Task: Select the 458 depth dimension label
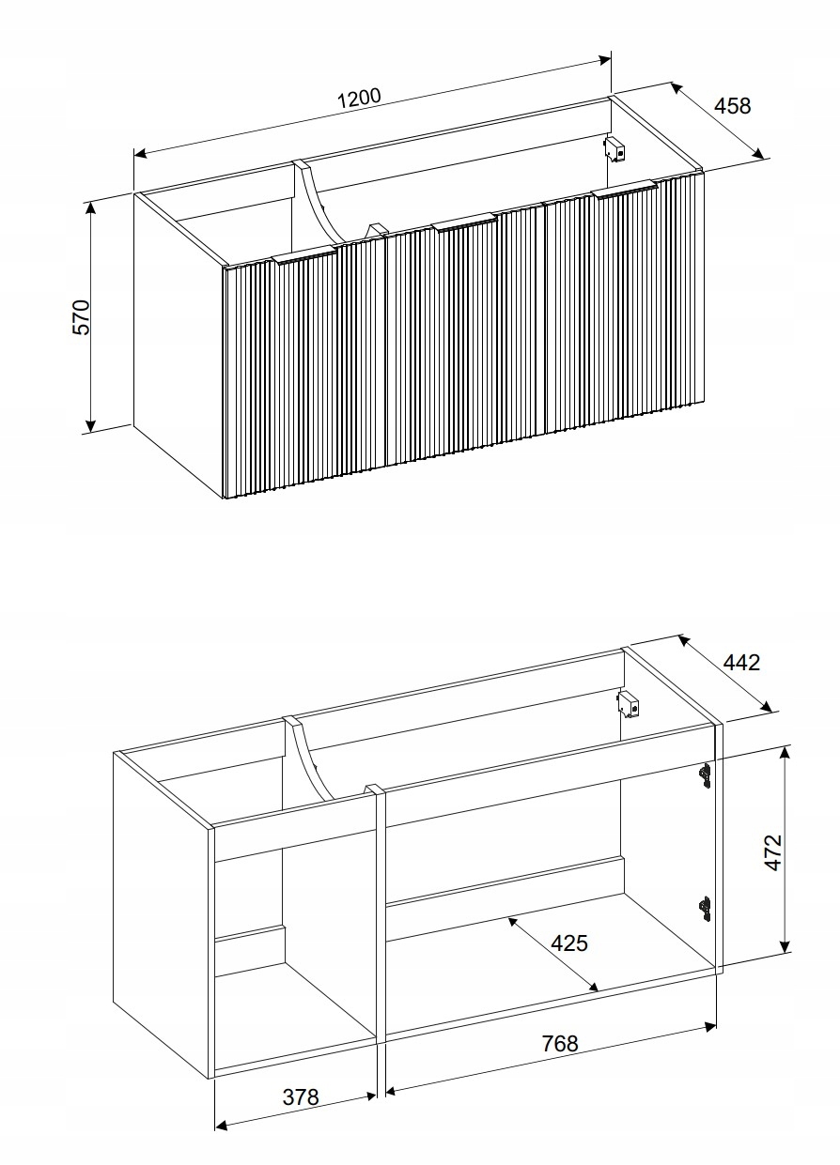coord(733,105)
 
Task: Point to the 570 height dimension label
coord(82,317)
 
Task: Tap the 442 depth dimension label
coord(740,662)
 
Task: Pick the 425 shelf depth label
coord(568,943)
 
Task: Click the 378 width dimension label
coord(301,1096)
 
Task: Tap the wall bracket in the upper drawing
coord(615,148)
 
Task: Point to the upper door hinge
coord(704,773)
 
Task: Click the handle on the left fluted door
coord(303,255)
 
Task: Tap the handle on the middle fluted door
coord(463,221)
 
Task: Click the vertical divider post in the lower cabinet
coord(380,915)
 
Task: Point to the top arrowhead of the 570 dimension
coord(91,206)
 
